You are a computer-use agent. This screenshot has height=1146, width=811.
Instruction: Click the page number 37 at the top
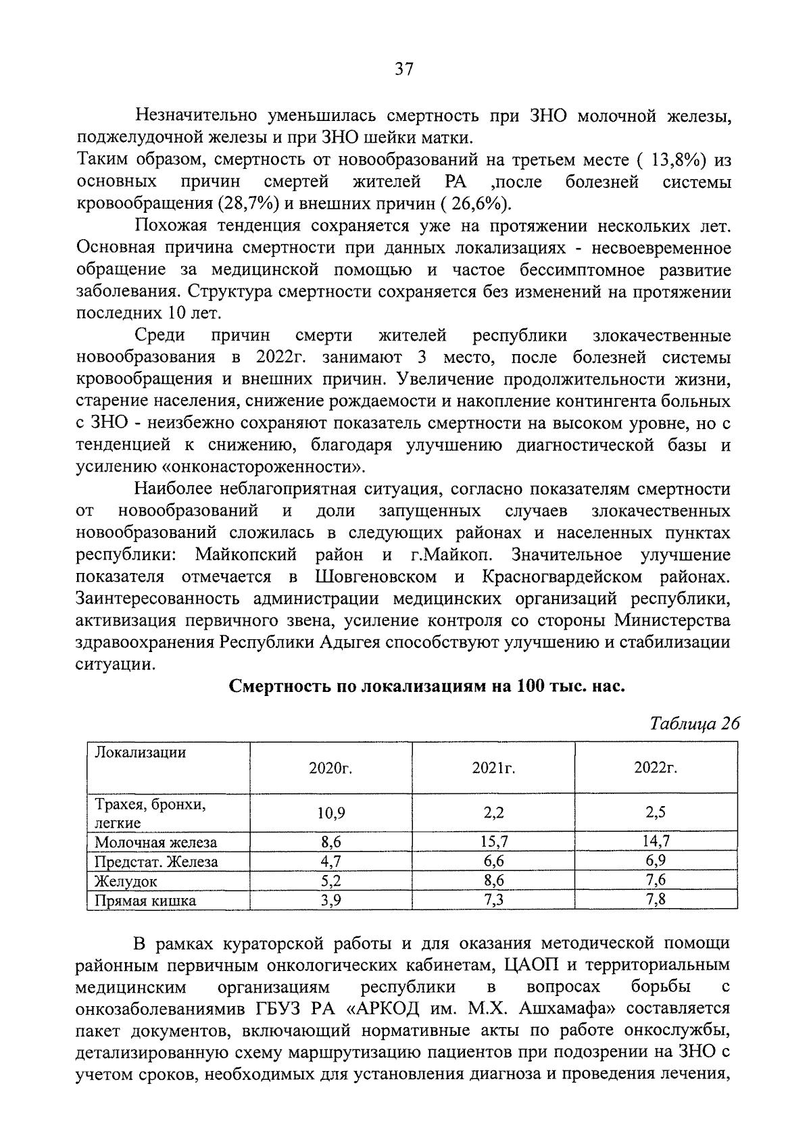tap(404, 69)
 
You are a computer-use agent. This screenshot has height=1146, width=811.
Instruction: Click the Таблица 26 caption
tap(694, 723)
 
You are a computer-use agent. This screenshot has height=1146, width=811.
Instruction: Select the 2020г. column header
tap(331, 768)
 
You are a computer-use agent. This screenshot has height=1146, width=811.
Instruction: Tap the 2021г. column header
tap(493, 768)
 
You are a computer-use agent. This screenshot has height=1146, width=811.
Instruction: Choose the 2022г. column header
tap(656, 768)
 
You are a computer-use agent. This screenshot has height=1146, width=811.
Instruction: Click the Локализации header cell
tap(140, 753)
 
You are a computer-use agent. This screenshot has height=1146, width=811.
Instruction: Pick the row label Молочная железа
tap(155, 842)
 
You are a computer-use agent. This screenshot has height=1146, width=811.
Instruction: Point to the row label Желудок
tap(126, 881)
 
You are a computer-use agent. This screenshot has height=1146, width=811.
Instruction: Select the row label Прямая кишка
tap(145, 901)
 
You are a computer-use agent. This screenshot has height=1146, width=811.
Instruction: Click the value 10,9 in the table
tap(331, 813)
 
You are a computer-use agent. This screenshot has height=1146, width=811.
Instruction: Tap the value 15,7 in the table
tap(494, 841)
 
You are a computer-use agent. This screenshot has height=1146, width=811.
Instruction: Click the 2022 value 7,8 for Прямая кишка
tap(656, 900)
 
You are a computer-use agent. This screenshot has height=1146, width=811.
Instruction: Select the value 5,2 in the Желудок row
tap(331, 880)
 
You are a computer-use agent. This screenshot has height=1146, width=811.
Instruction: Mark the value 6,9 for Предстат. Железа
tap(656, 861)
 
